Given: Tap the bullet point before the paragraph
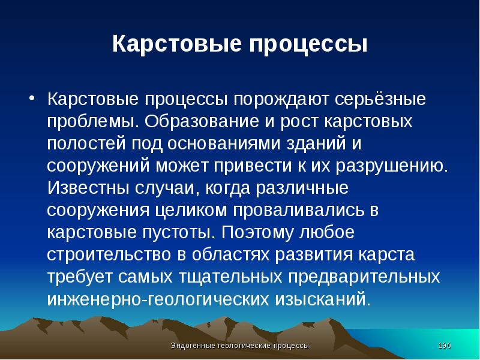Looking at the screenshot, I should tap(33, 98).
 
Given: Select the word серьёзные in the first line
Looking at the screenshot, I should tap(376, 98).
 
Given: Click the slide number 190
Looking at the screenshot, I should tap(445, 346).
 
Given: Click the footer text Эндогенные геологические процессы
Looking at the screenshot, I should tap(240, 346).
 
